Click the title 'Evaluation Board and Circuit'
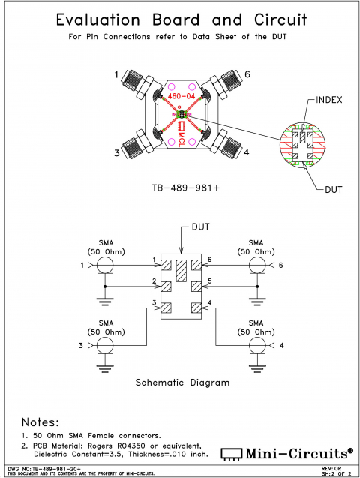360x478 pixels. pos(180,20)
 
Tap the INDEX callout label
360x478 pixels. pos(330,99)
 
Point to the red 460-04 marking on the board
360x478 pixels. pos(180,96)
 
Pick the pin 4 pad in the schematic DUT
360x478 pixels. pos(196,306)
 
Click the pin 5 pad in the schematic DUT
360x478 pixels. pos(196,286)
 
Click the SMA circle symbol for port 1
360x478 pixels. pos(104,266)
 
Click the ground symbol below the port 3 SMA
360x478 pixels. pos(104,365)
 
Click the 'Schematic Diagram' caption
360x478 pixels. pos(181,382)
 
